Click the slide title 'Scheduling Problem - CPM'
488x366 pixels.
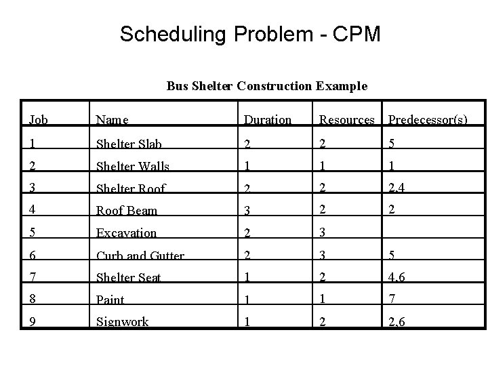[250, 33]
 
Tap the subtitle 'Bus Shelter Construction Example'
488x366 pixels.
[267, 86]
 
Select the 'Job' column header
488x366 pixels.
[39, 120]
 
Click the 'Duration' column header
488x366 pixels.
[267, 120]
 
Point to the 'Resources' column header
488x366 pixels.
[346, 120]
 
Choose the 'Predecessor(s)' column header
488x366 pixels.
[427, 120]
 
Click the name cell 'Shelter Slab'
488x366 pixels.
[129, 144]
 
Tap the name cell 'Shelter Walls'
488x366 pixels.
[132, 166]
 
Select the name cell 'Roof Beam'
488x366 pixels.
[126, 211]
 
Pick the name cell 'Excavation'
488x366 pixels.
[126, 232]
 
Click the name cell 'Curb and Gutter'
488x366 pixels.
[140, 256]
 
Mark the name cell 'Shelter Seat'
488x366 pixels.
[129, 278]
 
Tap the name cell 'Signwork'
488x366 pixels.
[122, 321]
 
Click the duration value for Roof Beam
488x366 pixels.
[249, 211]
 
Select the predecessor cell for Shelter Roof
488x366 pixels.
[397, 188]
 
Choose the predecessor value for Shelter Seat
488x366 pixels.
[397, 278]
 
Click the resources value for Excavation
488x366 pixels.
[323, 232]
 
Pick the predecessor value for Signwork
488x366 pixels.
[397, 321]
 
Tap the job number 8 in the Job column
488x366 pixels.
[33, 300]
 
